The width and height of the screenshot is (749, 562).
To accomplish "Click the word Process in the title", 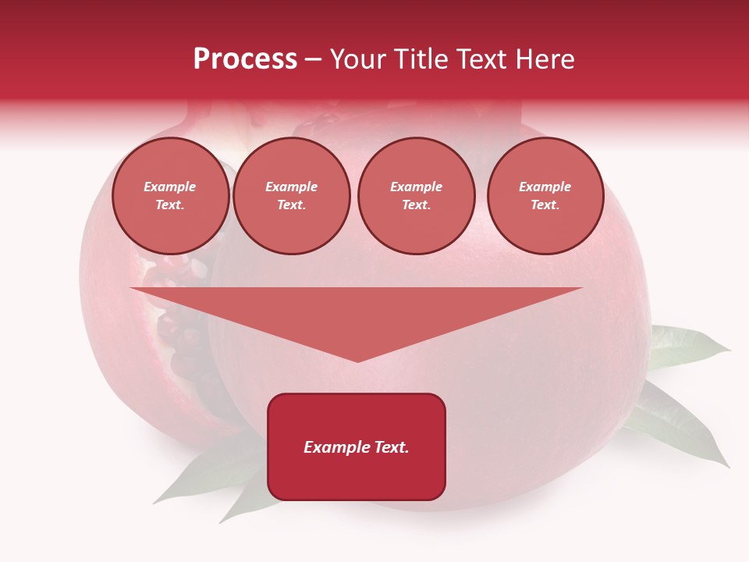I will (245, 59).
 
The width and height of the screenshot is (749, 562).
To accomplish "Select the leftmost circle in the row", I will (171, 196).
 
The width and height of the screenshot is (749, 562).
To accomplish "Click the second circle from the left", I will (292, 196).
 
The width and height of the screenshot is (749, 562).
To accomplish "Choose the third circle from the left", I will (417, 196).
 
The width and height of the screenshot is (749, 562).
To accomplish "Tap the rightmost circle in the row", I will (545, 196).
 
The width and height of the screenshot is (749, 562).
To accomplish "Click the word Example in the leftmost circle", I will (170, 187).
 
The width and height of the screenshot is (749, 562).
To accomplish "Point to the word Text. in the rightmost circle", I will (545, 205).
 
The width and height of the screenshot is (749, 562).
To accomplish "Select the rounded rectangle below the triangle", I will (357, 446).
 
